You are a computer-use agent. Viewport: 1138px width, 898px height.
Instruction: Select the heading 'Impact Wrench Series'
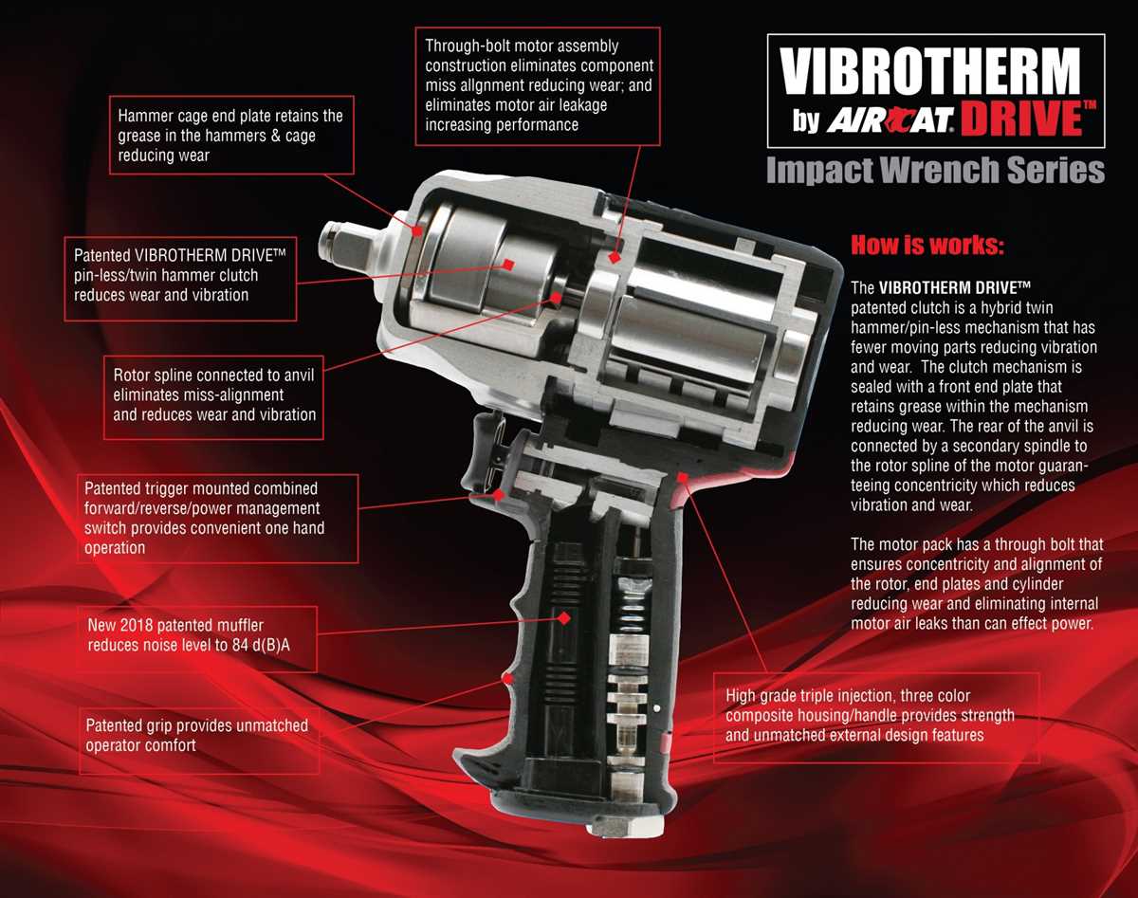point(934,171)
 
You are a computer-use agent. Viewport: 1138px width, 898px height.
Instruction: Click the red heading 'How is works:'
point(927,246)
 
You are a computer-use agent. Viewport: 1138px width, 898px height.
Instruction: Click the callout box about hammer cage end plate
point(230,136)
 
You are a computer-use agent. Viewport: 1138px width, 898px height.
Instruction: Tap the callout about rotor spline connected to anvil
point(214,394)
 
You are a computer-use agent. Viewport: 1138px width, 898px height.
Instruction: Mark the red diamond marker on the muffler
point(563,617)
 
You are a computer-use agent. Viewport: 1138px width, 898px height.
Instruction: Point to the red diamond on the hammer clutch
point(509,264)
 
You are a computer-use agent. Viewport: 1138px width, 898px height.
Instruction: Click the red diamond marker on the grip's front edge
point(508,679)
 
